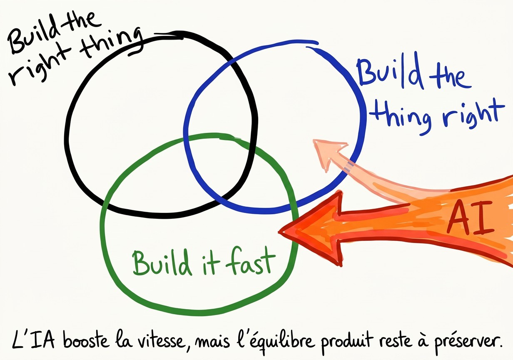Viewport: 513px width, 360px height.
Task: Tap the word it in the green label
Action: coord(205,262)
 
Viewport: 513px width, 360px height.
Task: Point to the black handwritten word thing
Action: coord(112,46)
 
